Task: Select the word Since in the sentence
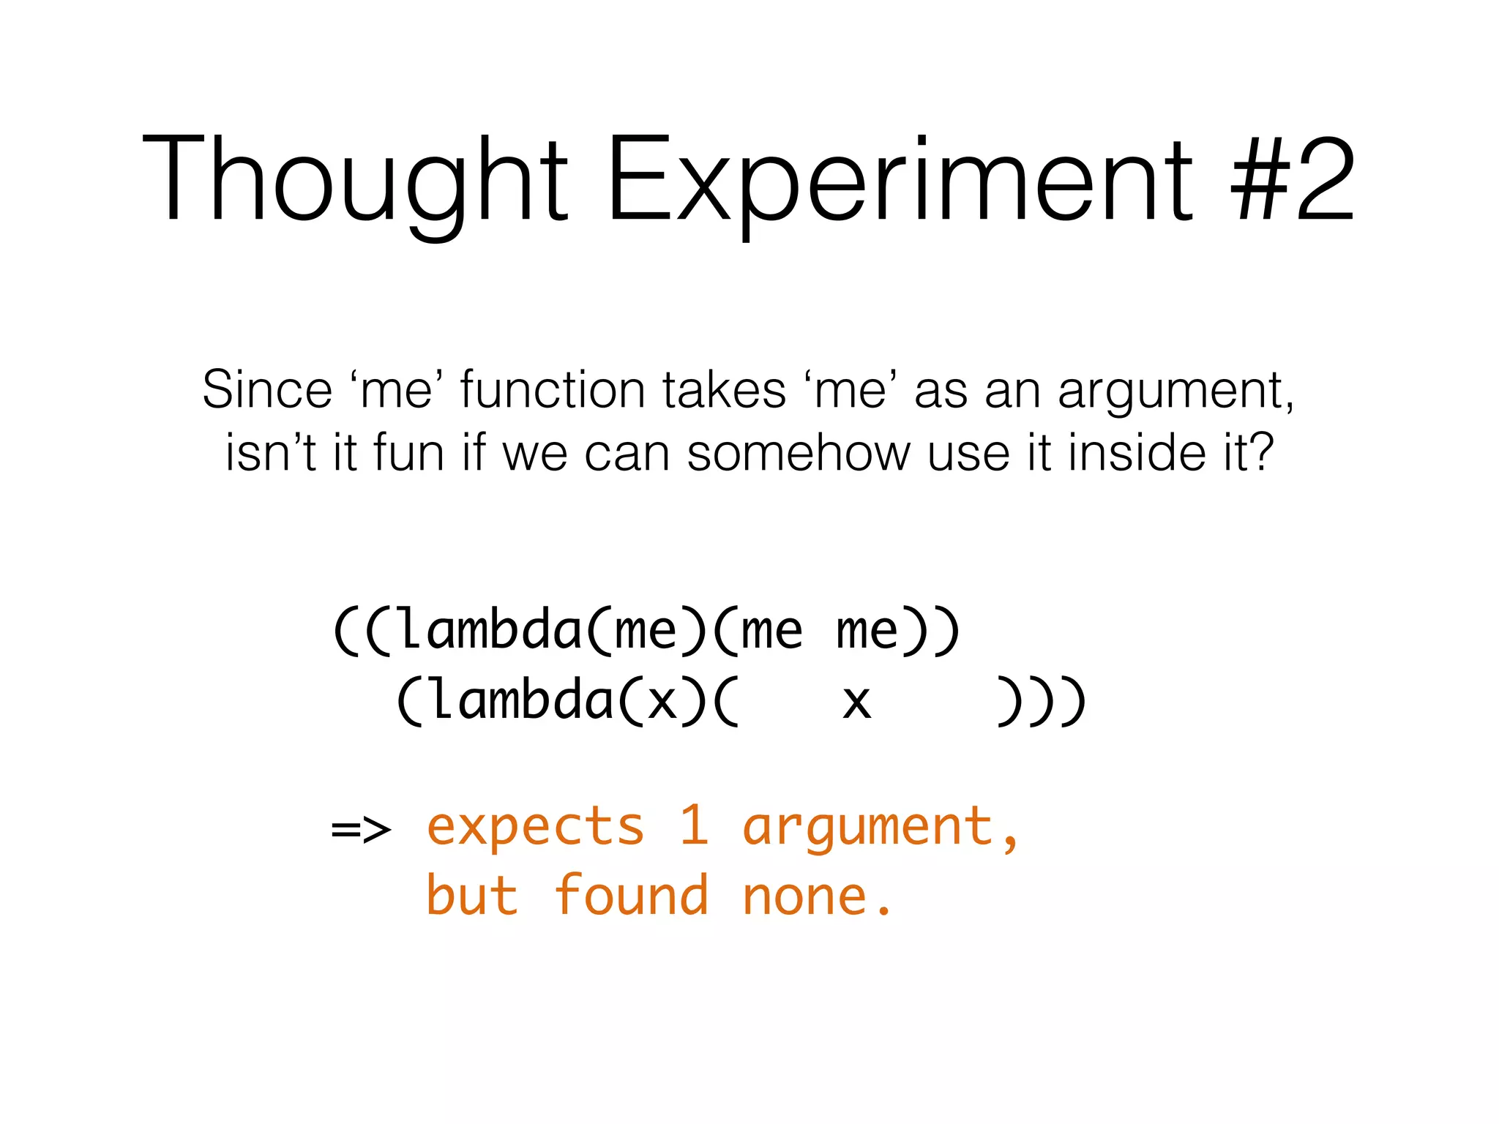[267, 389]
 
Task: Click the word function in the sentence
[552, 389]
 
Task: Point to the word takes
[724, 389]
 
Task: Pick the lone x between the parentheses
[856, 701]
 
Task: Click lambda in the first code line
[490, 629]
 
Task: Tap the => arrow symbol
[361, 829]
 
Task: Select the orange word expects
[535, 828]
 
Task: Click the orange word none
[805, 897]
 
